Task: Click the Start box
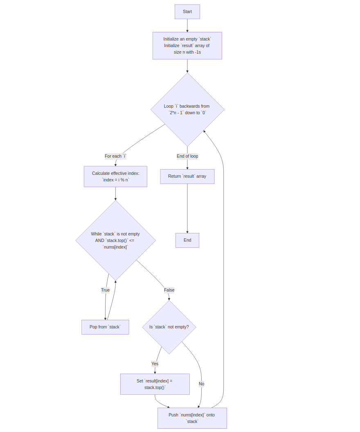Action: (187, 12)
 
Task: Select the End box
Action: (187, 240)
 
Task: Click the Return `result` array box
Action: (187, 176)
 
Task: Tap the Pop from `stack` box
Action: (105, 327)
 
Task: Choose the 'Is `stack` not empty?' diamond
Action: (169, 327)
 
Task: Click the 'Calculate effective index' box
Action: (115, 176)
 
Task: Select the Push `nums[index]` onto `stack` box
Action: (192, 418)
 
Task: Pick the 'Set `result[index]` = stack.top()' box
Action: (155, 384)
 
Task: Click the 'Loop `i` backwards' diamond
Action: (187, 109)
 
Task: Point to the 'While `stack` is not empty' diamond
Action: (115, 240)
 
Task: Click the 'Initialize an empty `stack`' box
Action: (187, 46)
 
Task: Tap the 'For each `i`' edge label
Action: (115, 156)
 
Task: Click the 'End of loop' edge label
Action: (187, 156)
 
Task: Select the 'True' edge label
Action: (105, 290)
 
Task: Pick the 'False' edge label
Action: (169, 290)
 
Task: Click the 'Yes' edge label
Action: (155, 364)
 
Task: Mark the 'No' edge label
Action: (201, 384)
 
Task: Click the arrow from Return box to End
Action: (187, 209)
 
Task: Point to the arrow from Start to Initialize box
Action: (187, 25)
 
